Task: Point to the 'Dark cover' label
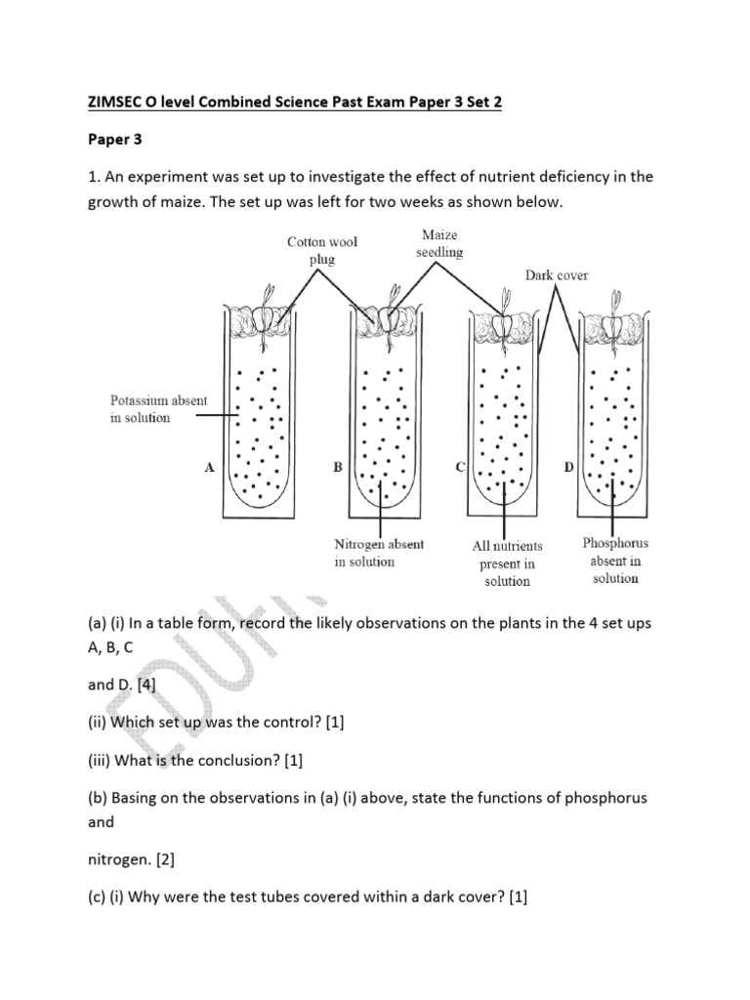point(557,275)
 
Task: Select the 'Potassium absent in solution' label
point(153,409)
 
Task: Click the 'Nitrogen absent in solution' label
point(379,553)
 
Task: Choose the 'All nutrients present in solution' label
point(506,562)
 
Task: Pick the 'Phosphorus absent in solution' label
point(615,561)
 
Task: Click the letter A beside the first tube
point(209,469)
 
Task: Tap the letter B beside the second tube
point(337,469)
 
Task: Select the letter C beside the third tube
point(461,469)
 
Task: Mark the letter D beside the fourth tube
point(568,469)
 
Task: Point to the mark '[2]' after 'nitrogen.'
point(160,860)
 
